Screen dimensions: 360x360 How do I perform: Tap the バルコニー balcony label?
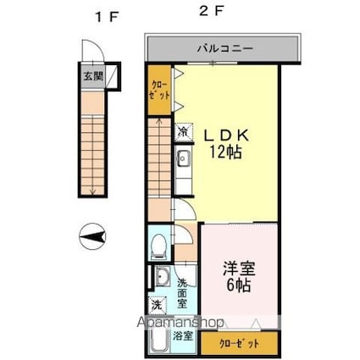click(223, 49)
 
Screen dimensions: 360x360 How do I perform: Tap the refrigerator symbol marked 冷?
click(183, 131)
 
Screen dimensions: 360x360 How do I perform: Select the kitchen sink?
click(183, 158)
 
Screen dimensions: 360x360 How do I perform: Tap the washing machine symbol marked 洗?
click(158, 305)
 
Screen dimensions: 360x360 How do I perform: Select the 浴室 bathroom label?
click(183, 336)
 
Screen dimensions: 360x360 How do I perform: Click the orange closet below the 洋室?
click(241, 343)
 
